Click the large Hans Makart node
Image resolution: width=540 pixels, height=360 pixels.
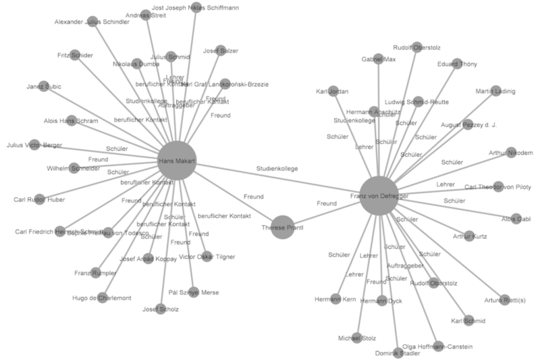coord(177,161)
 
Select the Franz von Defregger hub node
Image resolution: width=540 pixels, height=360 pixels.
coord(379,195)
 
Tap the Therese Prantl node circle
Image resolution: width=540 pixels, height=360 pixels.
coord(283,228)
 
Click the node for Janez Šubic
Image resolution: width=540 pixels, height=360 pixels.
coord(43,86)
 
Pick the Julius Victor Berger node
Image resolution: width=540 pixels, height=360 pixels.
coord(34,145)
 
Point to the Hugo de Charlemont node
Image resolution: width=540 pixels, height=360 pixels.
coord(102,298)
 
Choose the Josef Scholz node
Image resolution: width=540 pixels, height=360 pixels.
coord(161,309)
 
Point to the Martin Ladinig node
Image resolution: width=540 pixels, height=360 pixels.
coord(495,91)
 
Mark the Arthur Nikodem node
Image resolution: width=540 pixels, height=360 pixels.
coord(511,153)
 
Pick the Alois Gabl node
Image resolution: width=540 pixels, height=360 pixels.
coord(516,219)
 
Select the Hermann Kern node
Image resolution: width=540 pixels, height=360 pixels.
coord(335,299)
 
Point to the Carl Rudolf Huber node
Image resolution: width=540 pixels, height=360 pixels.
coord(39,200)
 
